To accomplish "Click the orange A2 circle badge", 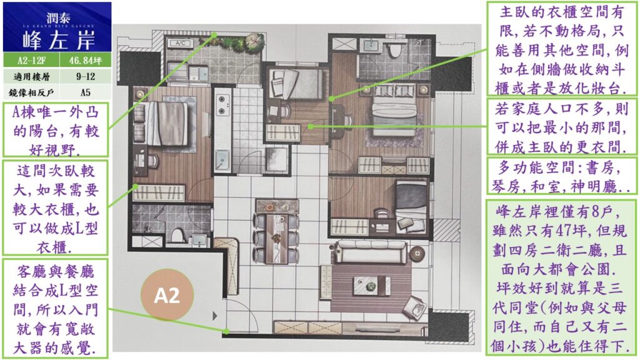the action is click(167, 295).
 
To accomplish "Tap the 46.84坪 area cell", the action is click(85, 61).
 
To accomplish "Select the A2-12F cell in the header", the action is click(31, 61).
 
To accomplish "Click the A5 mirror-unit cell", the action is click(85, 92).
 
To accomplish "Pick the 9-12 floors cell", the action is click(85, 76).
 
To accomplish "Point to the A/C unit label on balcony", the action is click(181, 43).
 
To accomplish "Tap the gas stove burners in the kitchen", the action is click(222, 104).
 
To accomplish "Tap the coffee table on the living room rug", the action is click(372, 285).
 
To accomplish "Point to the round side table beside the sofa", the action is click(417, 254).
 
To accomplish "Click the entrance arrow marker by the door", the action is click(215, 316).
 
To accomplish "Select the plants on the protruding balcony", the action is click(238, 42).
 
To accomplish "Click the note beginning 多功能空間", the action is click(561, 177).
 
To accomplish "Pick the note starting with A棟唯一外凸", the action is click(56, 130).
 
